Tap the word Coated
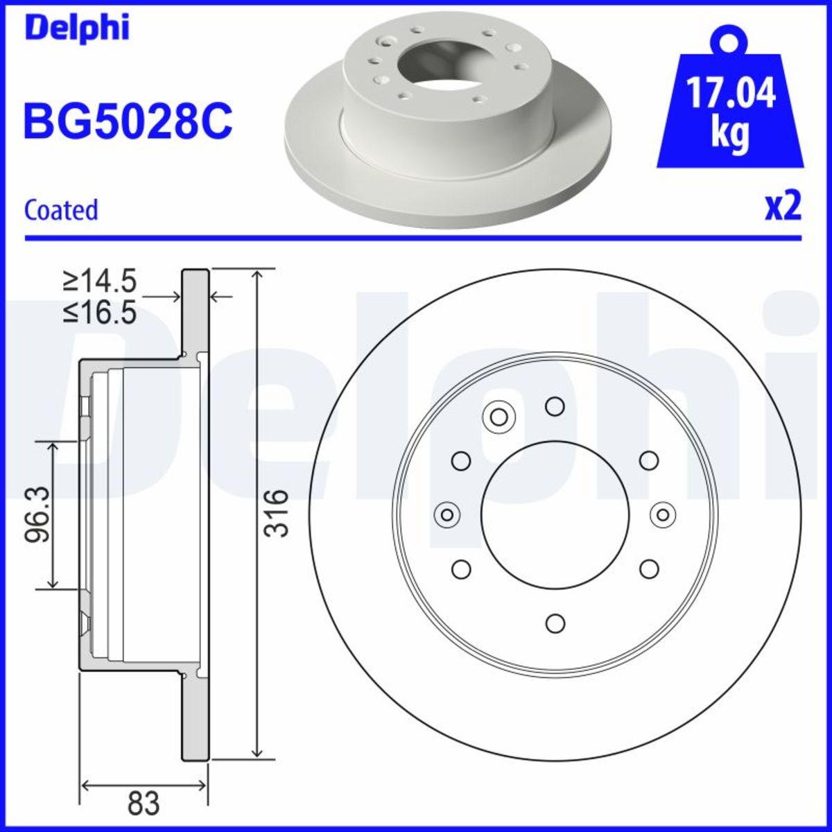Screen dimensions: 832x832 click(x=61, y=209)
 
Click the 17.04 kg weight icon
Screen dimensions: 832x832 click(x=730, y=104)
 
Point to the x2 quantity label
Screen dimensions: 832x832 click(x=783, y=207)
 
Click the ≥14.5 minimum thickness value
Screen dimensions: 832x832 click(x=99, y=281)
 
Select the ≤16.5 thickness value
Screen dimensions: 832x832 click(x=99, y=313)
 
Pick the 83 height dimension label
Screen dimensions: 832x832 click(x=144, y=804)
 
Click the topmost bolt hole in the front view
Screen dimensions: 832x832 click(x=555, y=406)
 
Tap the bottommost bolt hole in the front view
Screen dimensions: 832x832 click(x=555, y=623)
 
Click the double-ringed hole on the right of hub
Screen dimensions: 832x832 click(x=663, y=514)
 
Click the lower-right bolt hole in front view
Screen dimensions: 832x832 click(x=648, y=569)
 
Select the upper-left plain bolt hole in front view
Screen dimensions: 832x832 click(x=461, y=460)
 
